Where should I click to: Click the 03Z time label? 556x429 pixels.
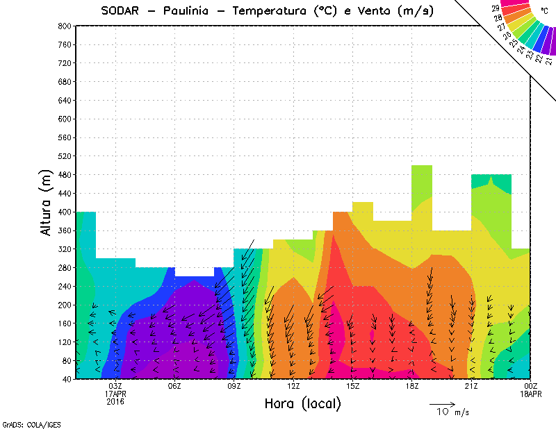tap(115, 386)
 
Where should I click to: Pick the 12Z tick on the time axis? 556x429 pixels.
tap(293, 386)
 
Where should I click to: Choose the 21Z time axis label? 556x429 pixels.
tap(471, 386)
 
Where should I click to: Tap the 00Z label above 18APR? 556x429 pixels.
tap(531, 386)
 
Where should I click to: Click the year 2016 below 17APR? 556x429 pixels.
tap(115, 401)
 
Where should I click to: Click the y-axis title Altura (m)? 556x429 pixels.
tap(47, 202)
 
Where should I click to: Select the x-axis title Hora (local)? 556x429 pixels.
tap(302, 403)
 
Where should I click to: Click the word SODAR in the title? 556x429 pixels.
tap(124, 10)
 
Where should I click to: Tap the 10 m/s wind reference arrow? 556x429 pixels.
tap(442, 403)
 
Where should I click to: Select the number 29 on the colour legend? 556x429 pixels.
tap(496, 9)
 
